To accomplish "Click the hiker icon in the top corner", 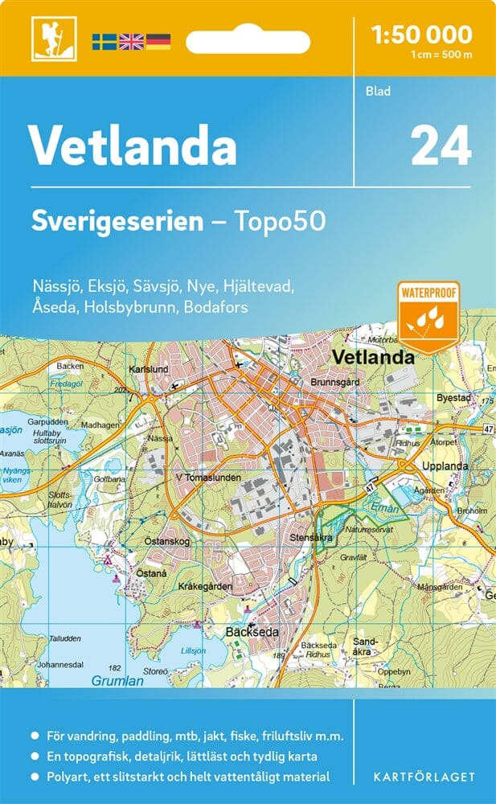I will pyautogui.click(x=47, y=38).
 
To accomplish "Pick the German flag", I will pyautogui.click(x=158, y=41).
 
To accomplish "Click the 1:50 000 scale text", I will pyautogui.click(x=421, y=35).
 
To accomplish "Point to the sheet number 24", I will pyautogui.click(x=440, y=146).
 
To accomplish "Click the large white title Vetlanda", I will pyautogui.click(x=133, y=145).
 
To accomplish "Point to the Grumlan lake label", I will pyautogui.click(x=118, y=680).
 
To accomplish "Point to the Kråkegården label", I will pyautogui.click(x=205, y=587).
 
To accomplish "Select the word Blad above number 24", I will pyautogui.click(x=378, y=92).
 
